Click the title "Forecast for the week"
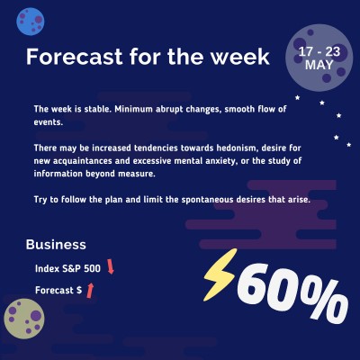[148, 57]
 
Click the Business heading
[56, 244]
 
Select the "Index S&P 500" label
[67, 267]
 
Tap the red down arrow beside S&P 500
[111, 267]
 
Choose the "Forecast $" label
[58, 291]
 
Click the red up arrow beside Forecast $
[90, 290]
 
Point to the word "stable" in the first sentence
[93, 109]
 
